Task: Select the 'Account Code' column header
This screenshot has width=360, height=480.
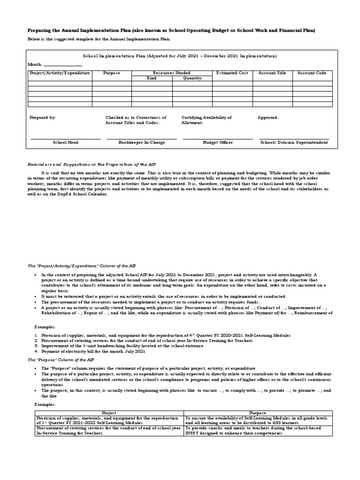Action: tap(312, 73)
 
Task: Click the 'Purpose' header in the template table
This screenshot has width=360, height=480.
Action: tap(112, 73)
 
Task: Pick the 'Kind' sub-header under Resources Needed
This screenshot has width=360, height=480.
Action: tap(151, 78)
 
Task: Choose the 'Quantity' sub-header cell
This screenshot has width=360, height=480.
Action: tap(192, 78)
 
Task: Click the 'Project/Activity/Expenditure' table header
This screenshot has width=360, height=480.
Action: tap(60, 73)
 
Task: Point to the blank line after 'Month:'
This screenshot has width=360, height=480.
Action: tap(63, 65)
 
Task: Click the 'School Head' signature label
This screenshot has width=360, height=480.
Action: tap(66, 142)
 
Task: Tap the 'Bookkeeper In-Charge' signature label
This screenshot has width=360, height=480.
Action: tap(142, 142)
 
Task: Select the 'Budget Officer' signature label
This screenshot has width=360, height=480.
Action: tap(217, 142)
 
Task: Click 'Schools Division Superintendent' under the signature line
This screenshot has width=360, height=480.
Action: tap(294, 142)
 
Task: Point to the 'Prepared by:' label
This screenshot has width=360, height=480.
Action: tap(42, 118)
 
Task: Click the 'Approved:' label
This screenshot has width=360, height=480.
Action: tap(268, 118)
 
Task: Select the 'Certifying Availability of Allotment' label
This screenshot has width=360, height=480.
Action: tap(206, 120)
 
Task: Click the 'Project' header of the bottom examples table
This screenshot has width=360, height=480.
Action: tap(109, 413)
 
